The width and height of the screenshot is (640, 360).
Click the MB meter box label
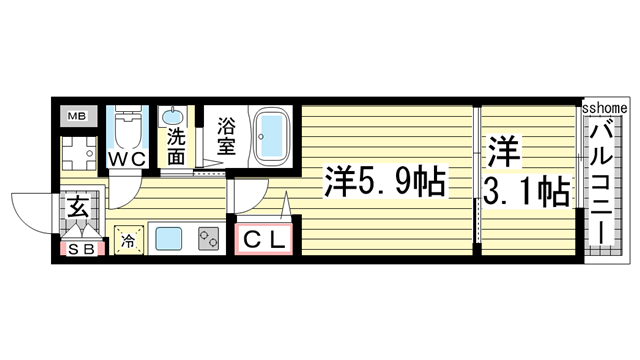click(77, 117)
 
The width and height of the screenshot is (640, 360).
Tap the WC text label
click(128, 158)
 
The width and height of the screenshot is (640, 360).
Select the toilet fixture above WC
click(127, 129)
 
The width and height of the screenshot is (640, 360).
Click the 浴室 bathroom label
click(227, 136)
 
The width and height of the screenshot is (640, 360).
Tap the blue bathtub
click(270, 133)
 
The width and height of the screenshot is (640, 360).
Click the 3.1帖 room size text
click(528, 189)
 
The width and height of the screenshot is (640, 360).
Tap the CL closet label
click(263, 240)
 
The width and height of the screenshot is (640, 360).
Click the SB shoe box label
click(81, 249)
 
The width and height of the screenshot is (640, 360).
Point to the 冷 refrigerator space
click(128, 240)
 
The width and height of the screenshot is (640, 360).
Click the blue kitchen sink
click(168, 240)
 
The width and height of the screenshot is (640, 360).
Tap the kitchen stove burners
click(209, 240)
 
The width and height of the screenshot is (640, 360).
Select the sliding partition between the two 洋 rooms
click(478, 180)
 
